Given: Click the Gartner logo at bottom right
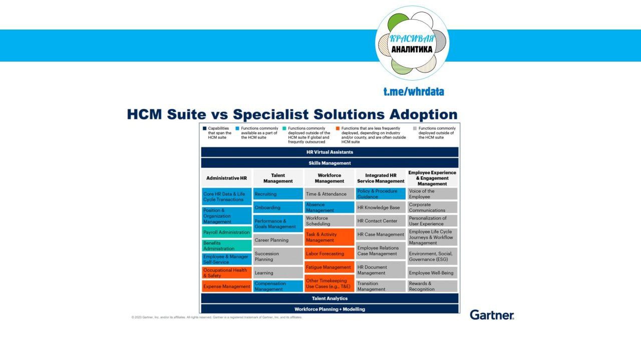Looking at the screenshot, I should (492, 315).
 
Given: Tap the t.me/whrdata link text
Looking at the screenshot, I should (414, 92).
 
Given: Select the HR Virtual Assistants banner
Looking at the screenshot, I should (330, 152).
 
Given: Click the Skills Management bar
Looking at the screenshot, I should (330, 163).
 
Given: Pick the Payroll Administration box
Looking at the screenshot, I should (227, 232).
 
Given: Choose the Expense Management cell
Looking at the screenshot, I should (227, 286).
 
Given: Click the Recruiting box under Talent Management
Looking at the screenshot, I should (278, 194).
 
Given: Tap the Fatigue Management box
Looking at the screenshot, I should (329, 267).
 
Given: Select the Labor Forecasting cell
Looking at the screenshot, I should (329, 254).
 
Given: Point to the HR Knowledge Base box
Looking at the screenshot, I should (381, 207).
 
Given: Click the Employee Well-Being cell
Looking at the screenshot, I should (432, 273).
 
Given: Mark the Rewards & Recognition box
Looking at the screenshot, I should (432, 286).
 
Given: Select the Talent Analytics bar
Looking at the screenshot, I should (330, 298).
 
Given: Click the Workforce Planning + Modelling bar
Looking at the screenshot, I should (330, 309).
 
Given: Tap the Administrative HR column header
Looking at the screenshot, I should (226, 178).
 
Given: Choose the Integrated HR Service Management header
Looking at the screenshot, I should (381, 178).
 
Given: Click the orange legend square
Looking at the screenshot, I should (338, 128).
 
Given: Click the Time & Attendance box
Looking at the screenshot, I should (329, 194).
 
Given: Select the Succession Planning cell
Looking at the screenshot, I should (278, 256).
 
